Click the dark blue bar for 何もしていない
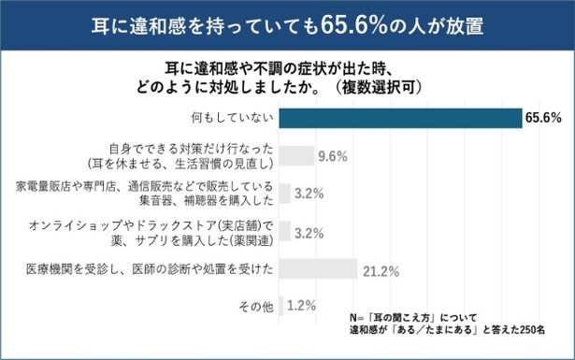[400, 118]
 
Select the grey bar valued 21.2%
[318, 270]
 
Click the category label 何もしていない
[231, 118]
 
